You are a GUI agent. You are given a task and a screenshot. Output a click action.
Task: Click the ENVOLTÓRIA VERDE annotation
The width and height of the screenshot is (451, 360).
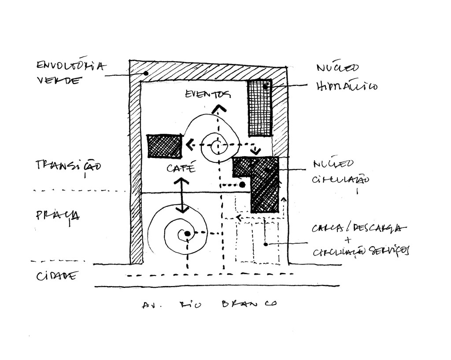click(70, 73)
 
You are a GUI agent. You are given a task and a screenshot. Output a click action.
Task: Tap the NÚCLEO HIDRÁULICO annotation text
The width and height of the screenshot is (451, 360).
click(346, 77)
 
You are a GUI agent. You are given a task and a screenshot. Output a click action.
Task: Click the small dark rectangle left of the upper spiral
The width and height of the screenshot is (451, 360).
click(164, 146)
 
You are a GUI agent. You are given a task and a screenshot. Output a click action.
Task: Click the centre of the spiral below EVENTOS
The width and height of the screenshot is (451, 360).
click(217, 147)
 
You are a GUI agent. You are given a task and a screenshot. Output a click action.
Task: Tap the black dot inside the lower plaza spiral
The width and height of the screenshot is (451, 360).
click(187, 233)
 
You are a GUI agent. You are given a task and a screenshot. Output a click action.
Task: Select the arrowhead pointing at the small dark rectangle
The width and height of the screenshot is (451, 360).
click(189, 144)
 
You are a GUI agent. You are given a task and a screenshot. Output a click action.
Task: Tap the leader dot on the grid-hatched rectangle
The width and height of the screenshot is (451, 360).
click(266, 87)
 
